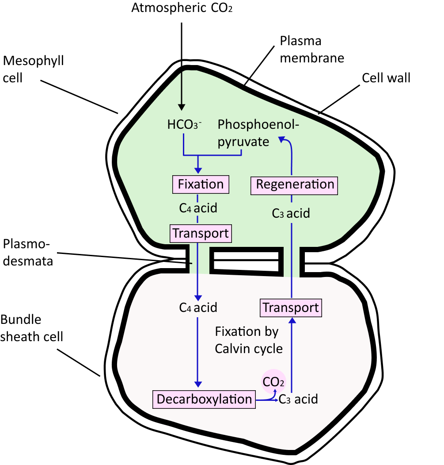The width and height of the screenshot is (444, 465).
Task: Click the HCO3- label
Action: coord(184,125)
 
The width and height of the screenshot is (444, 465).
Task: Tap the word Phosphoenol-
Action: coord(258,125)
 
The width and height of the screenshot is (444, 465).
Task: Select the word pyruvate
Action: coord(243,142)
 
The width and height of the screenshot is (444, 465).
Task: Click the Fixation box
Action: coord(201,184)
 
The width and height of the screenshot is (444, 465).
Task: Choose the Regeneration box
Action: coord(295,184)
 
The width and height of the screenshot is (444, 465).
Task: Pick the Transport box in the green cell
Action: coord(201,233)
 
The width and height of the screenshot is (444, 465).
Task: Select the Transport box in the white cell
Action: coord(291,307)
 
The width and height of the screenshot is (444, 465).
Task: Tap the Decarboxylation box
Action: coord(204,399)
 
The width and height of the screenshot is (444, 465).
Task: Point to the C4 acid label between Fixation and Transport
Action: coord(198,208)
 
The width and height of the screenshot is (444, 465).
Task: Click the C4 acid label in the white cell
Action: coord(198,307)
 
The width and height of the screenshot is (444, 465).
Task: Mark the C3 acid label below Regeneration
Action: coord(291,214)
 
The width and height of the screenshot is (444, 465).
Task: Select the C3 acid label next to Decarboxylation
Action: coord(298,399)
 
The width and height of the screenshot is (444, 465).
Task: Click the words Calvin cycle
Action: coord(249,349)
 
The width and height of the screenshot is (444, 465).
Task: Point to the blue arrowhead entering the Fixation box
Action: coord(198,170)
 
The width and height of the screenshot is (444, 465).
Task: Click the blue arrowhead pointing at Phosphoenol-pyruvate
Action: coord(281,140)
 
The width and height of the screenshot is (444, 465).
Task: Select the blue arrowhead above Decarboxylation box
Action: coord(198,383)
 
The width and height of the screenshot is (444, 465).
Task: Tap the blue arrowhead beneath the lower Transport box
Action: coord(292,321)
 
